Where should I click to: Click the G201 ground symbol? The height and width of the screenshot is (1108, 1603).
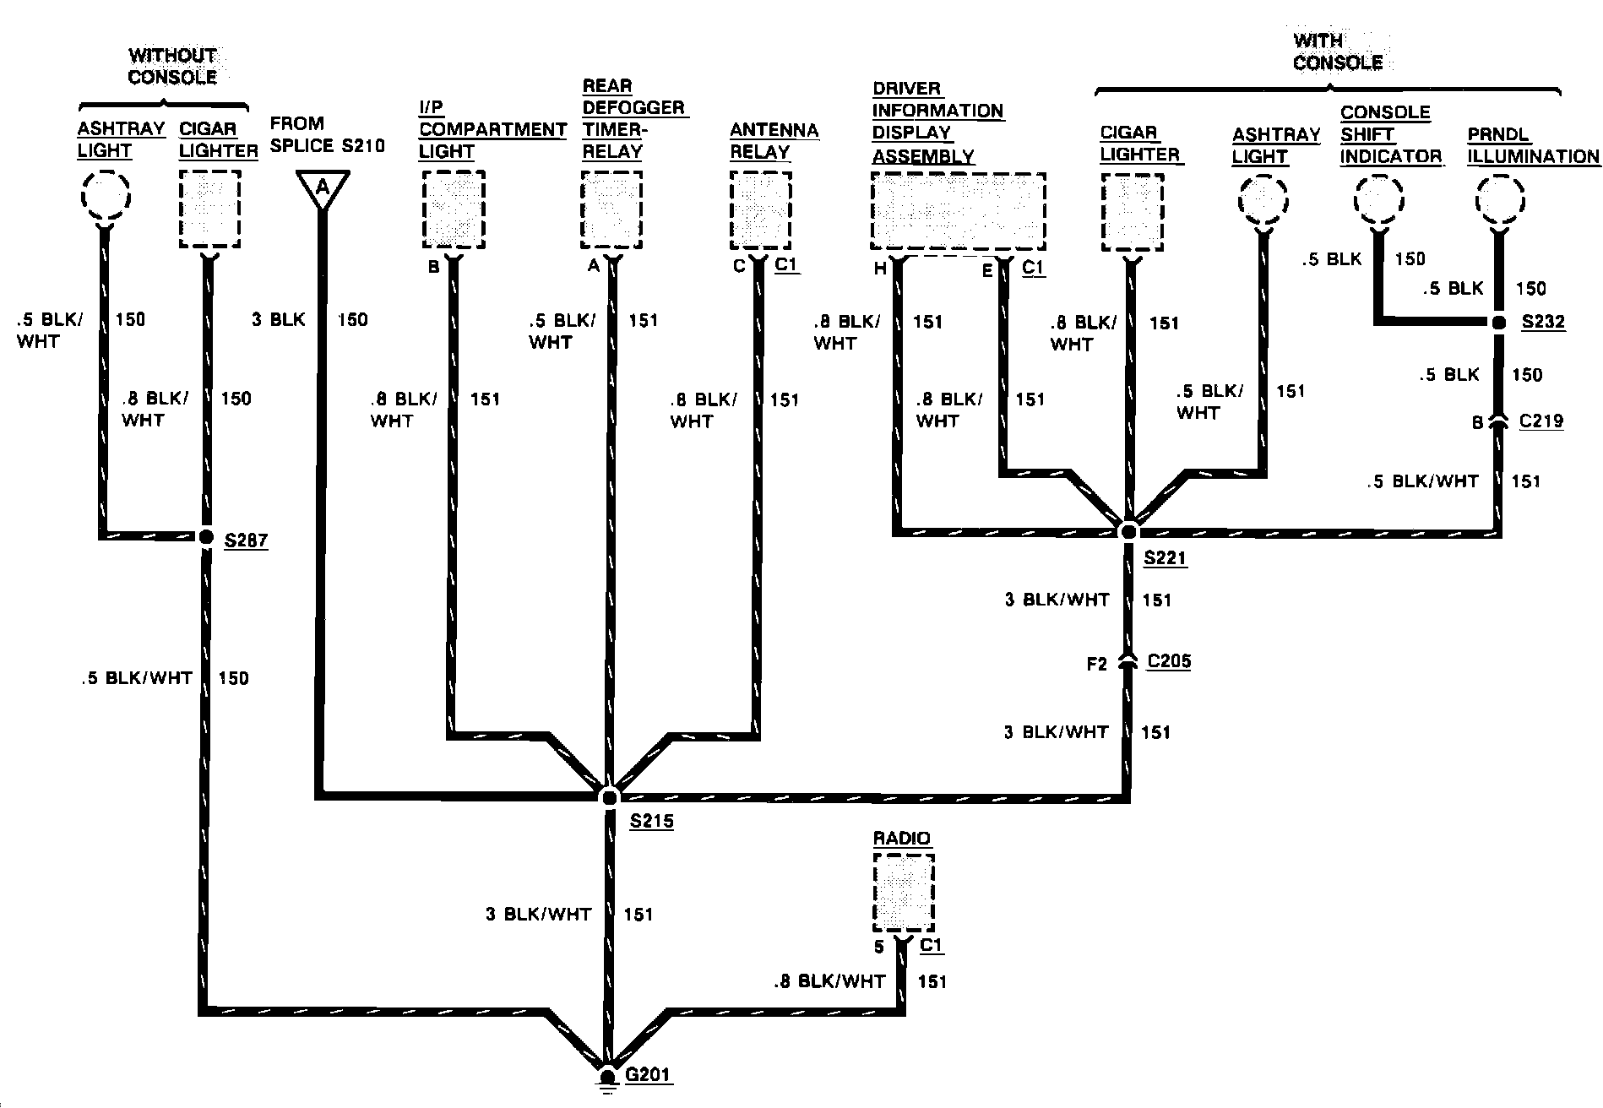tap(607, 1078)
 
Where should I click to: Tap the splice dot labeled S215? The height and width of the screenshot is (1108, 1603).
tap(608, 796)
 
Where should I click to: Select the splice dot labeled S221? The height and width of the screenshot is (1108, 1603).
tap(1128, 532)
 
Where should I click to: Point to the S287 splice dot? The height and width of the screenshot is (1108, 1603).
tap(205, 536)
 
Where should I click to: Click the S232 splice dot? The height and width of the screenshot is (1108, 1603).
tap(1498, 323)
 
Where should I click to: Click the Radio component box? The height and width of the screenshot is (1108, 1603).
tap(904, 892)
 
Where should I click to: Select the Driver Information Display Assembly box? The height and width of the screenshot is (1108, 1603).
tap(958, 211)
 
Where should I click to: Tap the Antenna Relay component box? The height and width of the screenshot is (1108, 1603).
tap(761, 210)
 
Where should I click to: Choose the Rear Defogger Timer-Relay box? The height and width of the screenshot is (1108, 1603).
tap(611, 210)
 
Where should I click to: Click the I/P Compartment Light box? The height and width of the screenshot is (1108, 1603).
tap(454, 209)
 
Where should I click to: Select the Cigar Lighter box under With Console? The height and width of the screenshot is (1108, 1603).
tap(1133, 213)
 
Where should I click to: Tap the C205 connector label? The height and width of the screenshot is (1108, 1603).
tap(1169, 660)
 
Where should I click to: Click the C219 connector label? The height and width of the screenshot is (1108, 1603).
tap(1541, 421)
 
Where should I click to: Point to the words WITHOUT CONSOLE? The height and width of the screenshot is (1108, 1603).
tap(172, 66)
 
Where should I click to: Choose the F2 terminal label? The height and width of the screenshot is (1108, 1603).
tap(1096, 665)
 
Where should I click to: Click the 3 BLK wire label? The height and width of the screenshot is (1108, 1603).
tap(279, 319)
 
